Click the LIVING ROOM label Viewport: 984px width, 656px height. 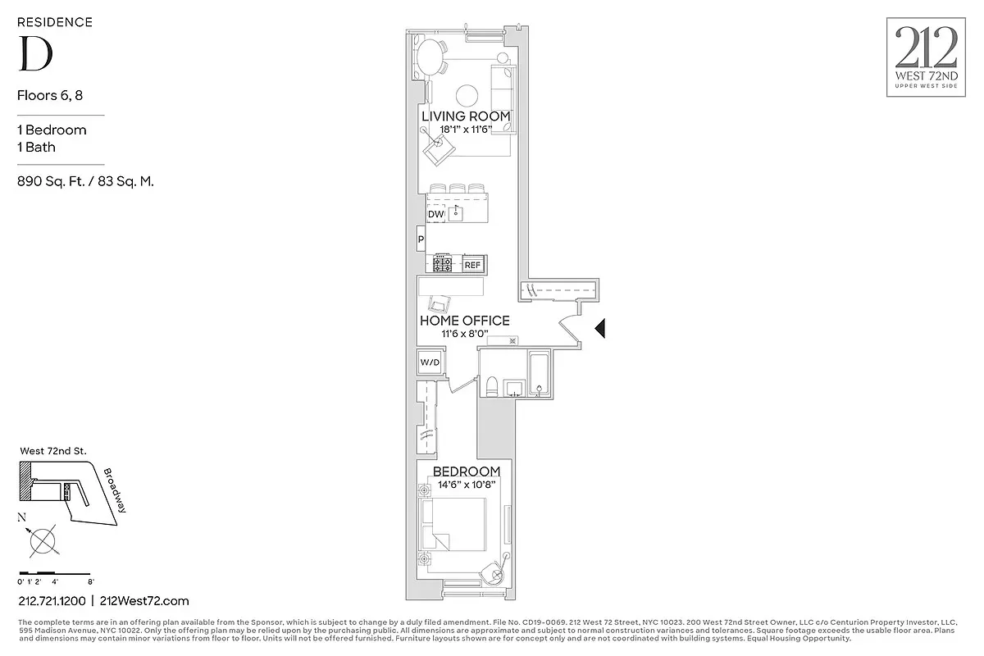click(x=466, y=116)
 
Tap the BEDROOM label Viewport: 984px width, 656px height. click(x=466, y=471)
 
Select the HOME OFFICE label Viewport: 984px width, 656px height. click(x=464, y=321)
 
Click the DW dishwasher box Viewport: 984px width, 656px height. click(x=435, y=214)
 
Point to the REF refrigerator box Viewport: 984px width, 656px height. click(x=472, y=265)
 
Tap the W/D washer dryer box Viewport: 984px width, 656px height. click(x=429, y=362)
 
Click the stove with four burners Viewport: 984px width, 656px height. click(x=444, y=264)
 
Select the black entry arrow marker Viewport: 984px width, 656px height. click(x=599, y=329)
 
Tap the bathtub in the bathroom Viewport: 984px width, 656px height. click(x=540, y=376)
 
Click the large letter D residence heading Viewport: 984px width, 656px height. click(x=36, y=54)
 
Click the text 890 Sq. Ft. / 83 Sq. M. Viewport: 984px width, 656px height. click(x=86, y=181)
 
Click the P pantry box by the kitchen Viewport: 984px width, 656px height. click(x=421, y=240)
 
